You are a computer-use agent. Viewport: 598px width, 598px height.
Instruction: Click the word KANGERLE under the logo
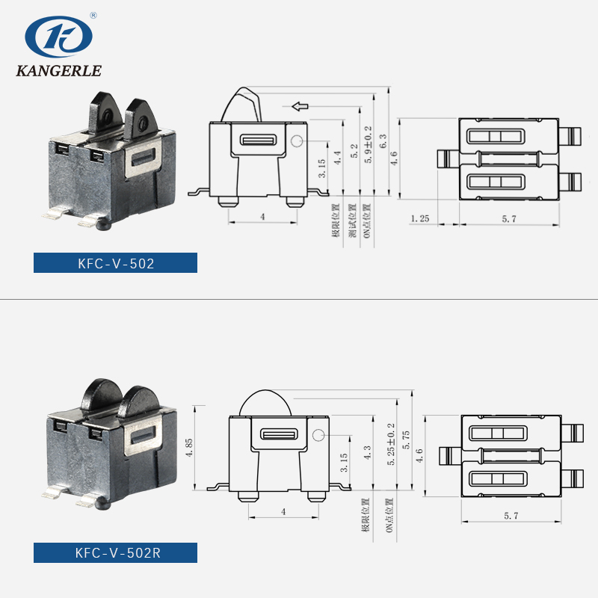point(58,72)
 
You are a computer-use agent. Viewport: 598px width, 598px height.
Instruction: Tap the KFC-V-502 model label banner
point(116,263)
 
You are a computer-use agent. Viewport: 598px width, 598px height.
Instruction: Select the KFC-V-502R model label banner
point(116,553)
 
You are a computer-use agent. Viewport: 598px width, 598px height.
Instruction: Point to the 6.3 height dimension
point(383,142)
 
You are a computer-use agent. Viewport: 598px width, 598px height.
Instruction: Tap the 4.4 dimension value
point(337,158)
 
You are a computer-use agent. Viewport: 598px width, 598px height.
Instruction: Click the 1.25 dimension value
point(419,218)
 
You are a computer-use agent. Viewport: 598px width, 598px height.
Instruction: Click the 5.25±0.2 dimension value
point(390,445)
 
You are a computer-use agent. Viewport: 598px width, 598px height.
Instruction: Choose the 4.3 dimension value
point(366,453)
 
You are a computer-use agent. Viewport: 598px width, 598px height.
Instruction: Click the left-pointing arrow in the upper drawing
point(300,106)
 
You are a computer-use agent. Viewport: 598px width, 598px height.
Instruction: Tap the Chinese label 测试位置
point(351,220)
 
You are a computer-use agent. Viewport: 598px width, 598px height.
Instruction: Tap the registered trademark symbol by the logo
point(93,14)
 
